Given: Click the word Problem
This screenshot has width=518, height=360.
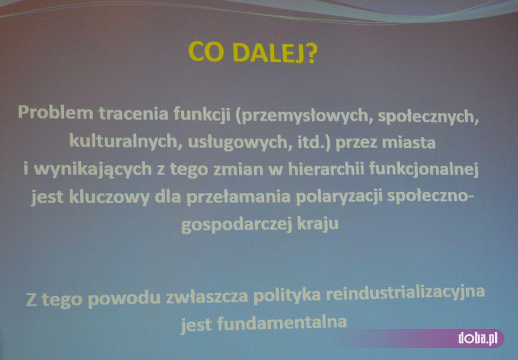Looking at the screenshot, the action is (x=55, y=113).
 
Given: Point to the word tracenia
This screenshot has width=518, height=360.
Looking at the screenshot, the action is (x=134, y=113).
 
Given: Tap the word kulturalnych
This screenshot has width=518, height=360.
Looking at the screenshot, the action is (x=124, y=141).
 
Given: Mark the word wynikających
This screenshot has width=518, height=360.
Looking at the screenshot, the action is (x=93, y=169).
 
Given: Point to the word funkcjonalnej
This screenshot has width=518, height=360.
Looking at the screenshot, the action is (x=424, y=169).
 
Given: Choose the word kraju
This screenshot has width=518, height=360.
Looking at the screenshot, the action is (x=318, y=224).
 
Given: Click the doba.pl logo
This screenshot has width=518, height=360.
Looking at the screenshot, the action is (x=478, y=338).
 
